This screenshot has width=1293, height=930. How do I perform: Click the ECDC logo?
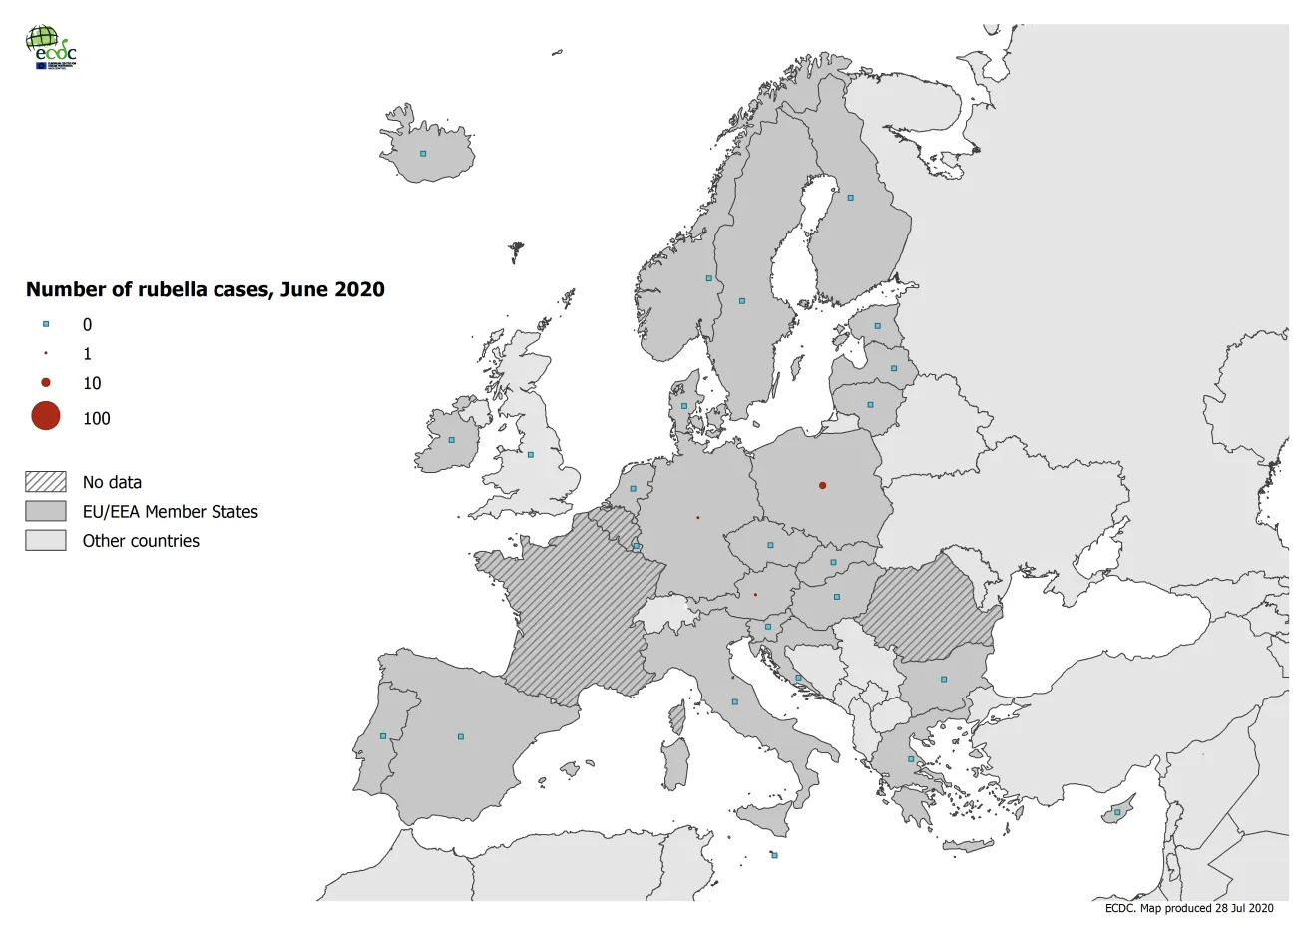tap(51, 47)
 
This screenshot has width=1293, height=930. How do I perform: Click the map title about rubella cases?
tap(205, 289)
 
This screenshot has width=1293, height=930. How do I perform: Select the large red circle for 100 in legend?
tap(46, 416)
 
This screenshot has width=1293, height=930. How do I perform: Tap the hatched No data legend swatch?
tap(46, 482)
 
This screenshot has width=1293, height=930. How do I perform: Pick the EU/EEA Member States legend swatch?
tap(46, 511)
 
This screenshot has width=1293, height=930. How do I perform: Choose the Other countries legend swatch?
tap(46, 540)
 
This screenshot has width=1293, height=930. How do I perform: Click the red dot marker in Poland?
tap(822, 486)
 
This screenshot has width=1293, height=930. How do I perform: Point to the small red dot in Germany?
tap(697, 518)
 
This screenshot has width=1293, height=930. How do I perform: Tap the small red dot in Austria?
tap(755, 595)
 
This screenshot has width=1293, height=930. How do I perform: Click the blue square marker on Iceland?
tap(423, 154)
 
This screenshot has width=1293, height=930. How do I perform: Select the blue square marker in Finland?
tap(851, 198)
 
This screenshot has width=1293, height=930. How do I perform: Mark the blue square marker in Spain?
tap(460, 737)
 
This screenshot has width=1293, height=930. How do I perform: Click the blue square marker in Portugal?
tap(383, 736)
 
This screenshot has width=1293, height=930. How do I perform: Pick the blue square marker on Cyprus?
tap(1117, 812)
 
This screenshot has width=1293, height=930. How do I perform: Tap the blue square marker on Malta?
tap(774, 855)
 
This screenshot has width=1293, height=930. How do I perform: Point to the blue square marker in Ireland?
tap(451, 440)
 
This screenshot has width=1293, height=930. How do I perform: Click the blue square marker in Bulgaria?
tap(943, 680)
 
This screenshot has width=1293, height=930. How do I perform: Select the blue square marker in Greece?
tap(911, 759)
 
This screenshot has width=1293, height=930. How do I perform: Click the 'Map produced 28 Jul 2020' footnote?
tap(1188, 908)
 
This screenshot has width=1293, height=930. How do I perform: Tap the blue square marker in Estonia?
tap(878, 326)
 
